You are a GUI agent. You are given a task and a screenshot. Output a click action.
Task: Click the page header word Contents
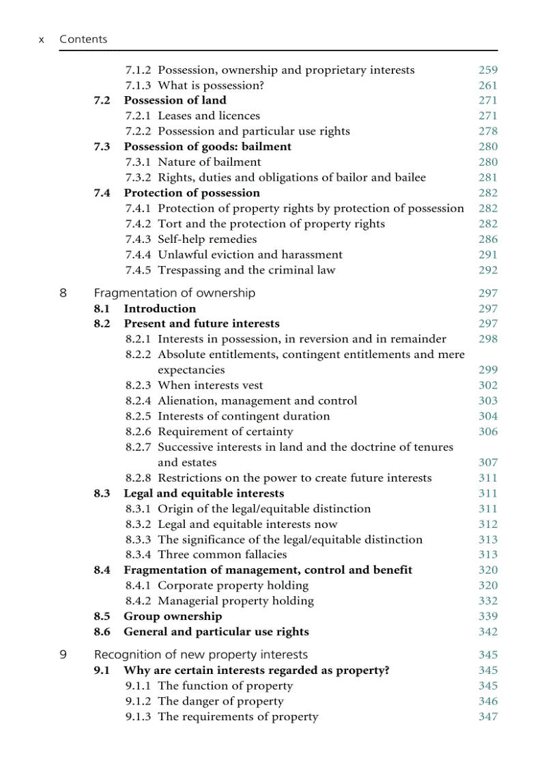pos(83,40)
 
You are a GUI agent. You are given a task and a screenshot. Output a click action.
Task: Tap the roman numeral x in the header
pos(42,40)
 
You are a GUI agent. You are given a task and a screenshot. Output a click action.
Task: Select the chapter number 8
pos(63,293)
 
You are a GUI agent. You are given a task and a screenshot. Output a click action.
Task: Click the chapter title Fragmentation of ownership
pos(174,293)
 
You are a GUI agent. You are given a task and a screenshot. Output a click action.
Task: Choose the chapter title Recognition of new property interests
pos(201,655)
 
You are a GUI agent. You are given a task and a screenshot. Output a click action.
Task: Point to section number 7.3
pos(102,147)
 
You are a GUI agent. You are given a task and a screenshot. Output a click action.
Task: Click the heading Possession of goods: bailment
pos(207,147)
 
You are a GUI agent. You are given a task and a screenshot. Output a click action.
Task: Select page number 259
pos(487,70)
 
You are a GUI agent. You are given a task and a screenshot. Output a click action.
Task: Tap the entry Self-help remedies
pos(207,239)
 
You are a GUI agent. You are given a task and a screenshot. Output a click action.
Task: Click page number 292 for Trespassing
pos(487,270)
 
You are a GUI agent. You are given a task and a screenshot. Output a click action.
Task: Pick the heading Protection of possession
pos(191,193)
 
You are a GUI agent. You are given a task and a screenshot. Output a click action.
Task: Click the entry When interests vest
pos(210,385)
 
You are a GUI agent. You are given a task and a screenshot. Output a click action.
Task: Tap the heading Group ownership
pos(172,617)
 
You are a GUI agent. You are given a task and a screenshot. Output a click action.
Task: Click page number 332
pos(487,601)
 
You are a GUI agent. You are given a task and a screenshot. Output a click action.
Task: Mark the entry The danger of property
pos(220,701)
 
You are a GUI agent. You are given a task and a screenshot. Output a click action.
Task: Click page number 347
pos(487,717)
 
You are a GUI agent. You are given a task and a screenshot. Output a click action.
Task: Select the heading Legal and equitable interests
pos(203,493)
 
